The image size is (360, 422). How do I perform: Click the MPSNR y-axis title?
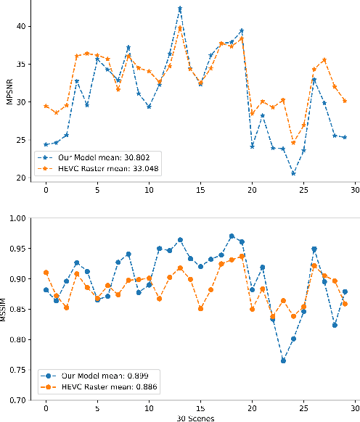pyautogui.click(x=10, y=94)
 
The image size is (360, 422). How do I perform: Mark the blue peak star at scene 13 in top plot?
pyautogui.click(x=180, y=9)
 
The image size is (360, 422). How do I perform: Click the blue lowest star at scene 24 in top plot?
pyautogui.click(x=293, y=173)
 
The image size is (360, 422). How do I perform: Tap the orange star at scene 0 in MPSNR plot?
pyautogui.click(x=46, y=106)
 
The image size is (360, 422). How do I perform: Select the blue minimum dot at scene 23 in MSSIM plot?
pyautogui.click(x=283, y=360)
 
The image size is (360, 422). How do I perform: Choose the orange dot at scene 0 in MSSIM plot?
pyautogui.click(x=46, y=273)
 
